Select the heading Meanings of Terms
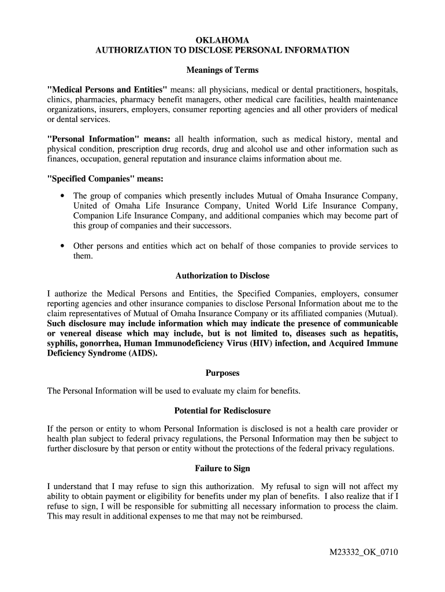222,70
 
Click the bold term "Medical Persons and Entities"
107,90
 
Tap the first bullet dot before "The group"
62,196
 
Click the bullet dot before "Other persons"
62,246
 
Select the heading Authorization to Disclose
222,276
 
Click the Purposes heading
222,373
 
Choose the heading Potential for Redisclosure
222,411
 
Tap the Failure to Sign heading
222,468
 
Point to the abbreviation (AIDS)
143,353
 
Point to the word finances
63,159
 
